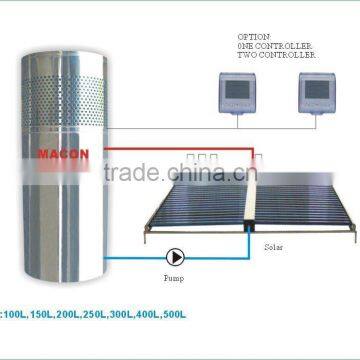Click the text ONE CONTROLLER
tap(252, 44)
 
